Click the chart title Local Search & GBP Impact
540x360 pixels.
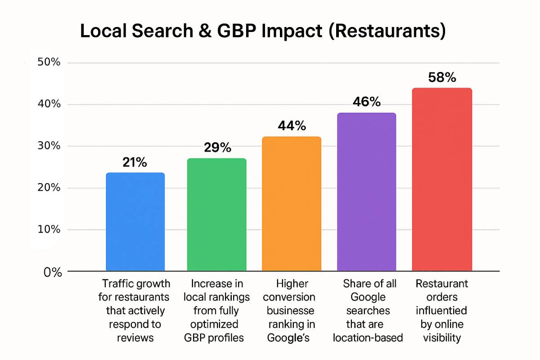click(263, 31)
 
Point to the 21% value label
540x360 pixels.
click(135, 162)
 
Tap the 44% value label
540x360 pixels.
click(292, 126)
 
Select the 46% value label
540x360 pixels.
click(366, 102)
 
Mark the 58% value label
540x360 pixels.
click(442, 77)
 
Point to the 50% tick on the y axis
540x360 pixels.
click(50, 62)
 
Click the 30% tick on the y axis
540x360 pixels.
click(50, 146)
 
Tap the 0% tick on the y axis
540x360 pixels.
click(53, 272)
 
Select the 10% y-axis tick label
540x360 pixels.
click(50, 229)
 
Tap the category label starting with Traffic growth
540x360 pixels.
click(136, 310)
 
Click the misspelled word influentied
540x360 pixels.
click(441, 310)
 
